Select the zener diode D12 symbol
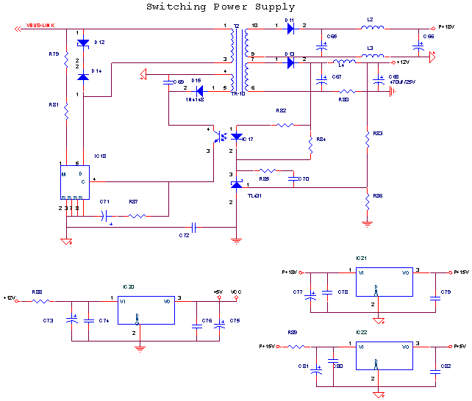[x=83, y=43]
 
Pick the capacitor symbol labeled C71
[x=105, y=216]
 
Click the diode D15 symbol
[x=197, y=90]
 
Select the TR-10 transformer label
[x=238, y=94]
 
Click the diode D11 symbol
[x=290, y=29]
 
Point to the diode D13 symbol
[x=290, y=63]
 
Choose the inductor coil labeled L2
[x=372, y=29]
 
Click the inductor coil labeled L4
[x=343, y=62]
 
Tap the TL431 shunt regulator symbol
[x=236, y=184]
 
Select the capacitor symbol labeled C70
[x=293, y=178]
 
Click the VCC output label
[x=236, y=292]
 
